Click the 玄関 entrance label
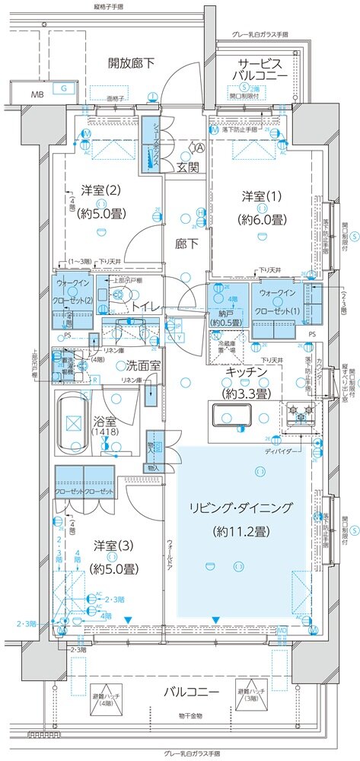(x=188, y=167)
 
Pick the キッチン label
(x=246, y=371)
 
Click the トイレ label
(x=146, y=306)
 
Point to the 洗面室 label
(x=143, y=365)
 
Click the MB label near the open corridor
(x=37, y=94)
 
